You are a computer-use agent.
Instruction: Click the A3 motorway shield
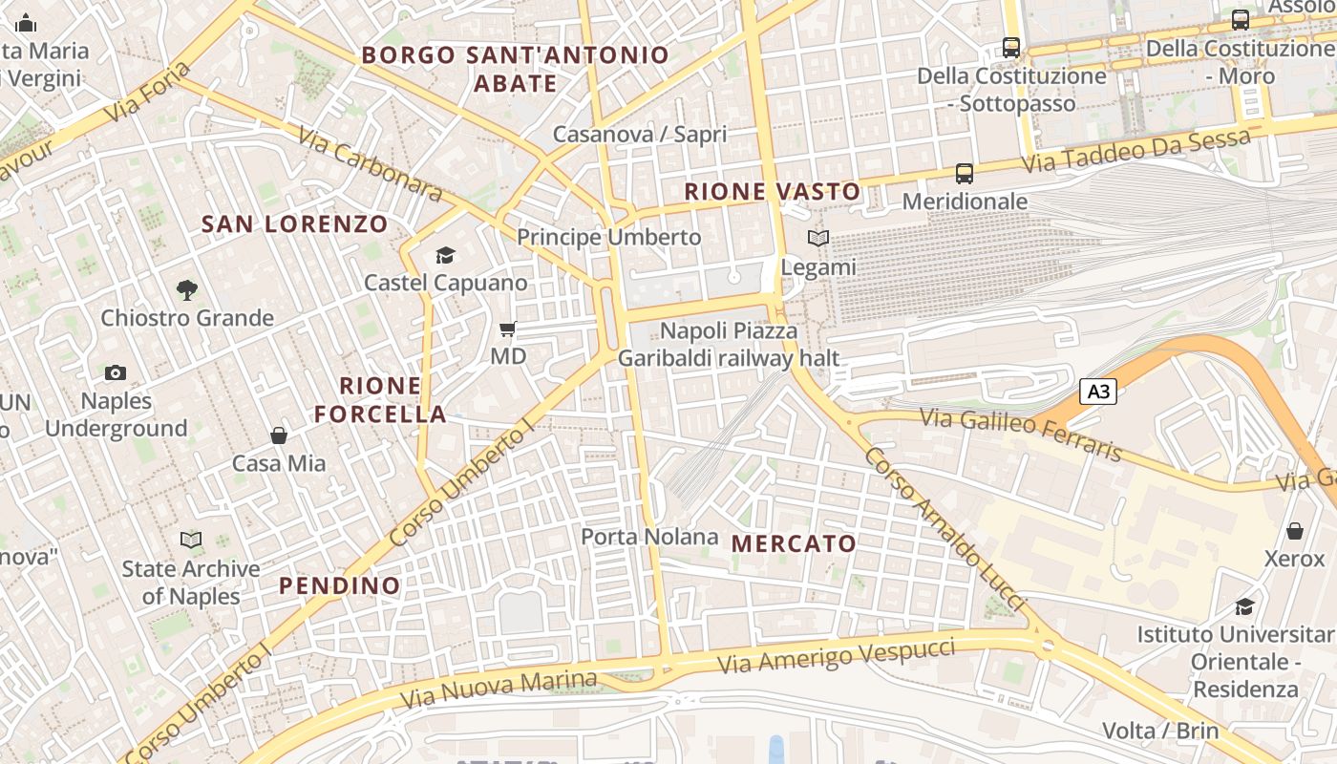click(x=1098, y=391)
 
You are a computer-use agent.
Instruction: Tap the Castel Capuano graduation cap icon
click(x=445, y=255)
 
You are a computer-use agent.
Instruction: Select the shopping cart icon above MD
click(x=507, y=329)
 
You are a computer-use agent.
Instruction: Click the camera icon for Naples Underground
click(x=116, y=372)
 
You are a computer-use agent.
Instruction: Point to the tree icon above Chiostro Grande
click(x=187, y=289)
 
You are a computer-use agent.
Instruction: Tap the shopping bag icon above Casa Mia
click(x=279, y=435)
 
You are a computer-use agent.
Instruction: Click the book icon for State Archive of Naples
click(x=191, y=541)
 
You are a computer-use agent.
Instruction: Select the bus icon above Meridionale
click(x=965, y=174)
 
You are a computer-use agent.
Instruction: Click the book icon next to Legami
click(x=818, y=239)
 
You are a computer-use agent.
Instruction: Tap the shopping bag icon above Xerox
click(x=1295, y=531)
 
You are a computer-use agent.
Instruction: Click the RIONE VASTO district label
click(x=773, y=192)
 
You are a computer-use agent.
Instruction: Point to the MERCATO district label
click(x=794, y=543)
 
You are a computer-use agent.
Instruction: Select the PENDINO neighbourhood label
click(x=340, y=585)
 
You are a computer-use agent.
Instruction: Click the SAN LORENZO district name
click(x=295, y=224)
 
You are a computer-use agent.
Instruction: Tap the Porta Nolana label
click(x=649, y=537)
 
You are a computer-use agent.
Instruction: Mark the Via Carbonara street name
click(x=371, y=164)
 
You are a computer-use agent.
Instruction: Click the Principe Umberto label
click(x=608, y=237)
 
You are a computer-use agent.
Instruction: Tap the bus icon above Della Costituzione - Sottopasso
click(x=1010, y=47)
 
